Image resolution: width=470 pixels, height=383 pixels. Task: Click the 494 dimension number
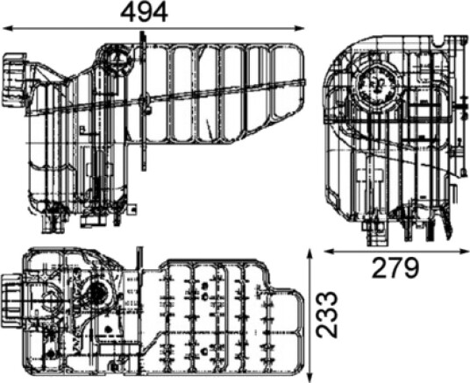pos(144,12)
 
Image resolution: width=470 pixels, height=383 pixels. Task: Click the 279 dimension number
pos(395,267)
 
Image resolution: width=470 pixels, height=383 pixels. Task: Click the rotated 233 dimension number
pos(327,315)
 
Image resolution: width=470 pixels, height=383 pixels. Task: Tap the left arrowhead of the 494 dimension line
pos(7,28)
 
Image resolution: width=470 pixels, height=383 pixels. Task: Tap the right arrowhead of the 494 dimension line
pos(299,28)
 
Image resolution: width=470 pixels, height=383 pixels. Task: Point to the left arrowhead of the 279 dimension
pos(329,252)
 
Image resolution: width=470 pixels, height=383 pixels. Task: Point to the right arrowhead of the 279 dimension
pos(465,252)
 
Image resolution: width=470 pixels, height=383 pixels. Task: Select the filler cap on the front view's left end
pos(15,80)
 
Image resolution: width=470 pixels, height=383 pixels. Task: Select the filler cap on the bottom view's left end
pos(12,301)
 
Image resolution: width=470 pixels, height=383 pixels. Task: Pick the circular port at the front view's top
pos(117,60)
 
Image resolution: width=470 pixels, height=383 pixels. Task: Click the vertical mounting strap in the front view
pos(144,102)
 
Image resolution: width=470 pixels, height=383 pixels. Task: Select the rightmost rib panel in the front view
pos(285,81)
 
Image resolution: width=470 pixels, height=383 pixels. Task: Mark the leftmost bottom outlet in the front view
pos(53,223)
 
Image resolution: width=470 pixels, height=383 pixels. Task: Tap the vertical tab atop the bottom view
pos(140,260)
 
